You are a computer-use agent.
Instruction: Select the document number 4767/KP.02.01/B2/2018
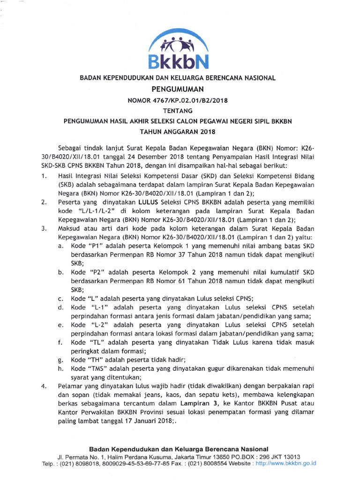pyautogui.click(x=188, y=99)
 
